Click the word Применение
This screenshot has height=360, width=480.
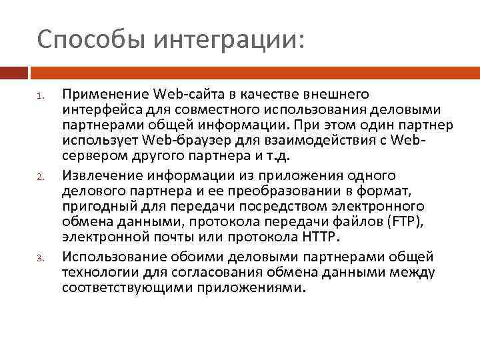point(105,94)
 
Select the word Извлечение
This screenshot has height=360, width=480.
point(101,175)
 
